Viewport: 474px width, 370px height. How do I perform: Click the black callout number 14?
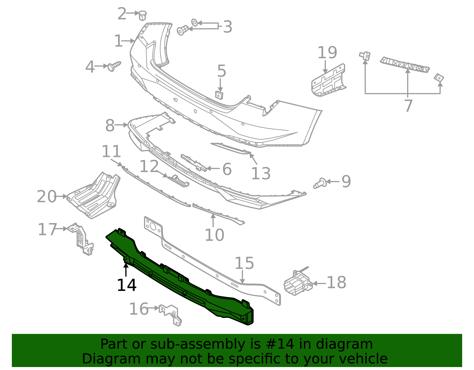tap(127, 285)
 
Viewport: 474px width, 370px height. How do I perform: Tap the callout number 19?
tap(327, 53)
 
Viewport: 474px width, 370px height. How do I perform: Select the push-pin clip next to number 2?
tap(143, 15)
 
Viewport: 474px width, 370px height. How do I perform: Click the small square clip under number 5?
tap(219, 95)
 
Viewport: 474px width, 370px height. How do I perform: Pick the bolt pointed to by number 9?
tap(320, 183)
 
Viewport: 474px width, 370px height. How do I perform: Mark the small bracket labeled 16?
tap(171, 314)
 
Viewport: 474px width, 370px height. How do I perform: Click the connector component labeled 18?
tap(297, 283)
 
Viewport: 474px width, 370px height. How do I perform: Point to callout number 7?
tap(409, 106)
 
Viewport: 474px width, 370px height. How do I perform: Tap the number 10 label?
tap(214, 235)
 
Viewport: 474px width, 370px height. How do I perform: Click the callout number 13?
tap(261, 174)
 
